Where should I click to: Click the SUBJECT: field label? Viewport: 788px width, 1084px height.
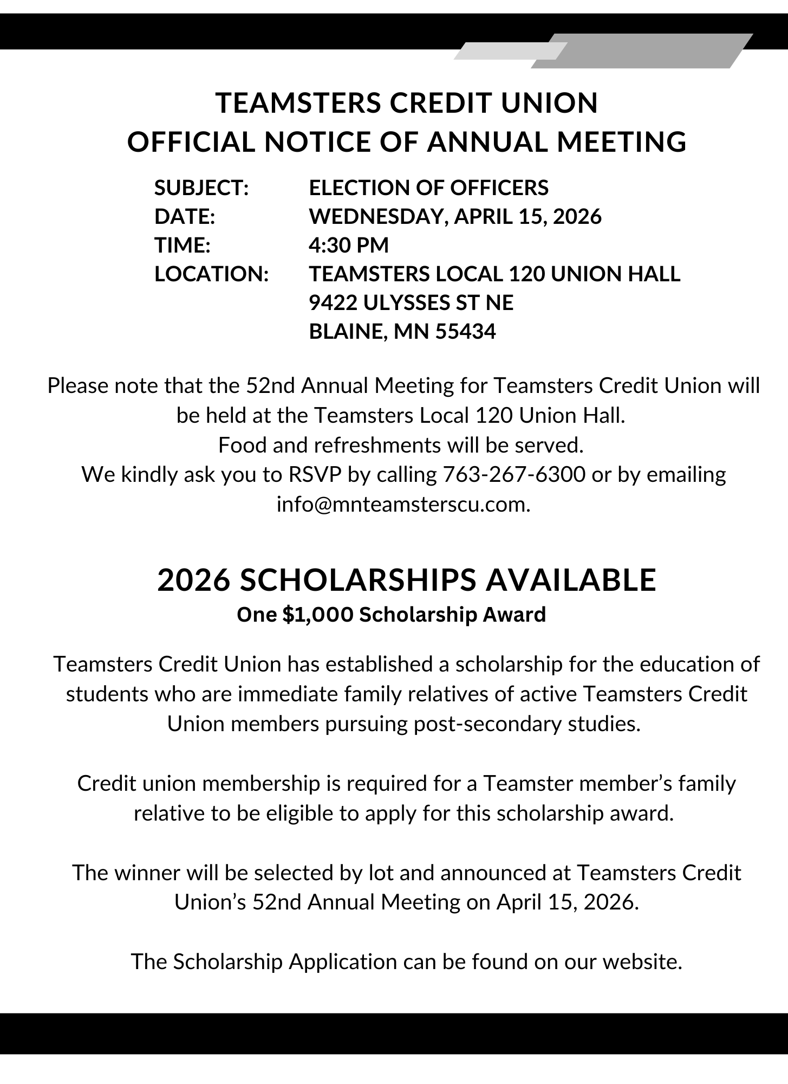[x=201, y=188]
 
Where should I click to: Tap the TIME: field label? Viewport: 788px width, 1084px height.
[x=183, y=246]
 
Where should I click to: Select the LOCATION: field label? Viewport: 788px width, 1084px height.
[x=212, y=274]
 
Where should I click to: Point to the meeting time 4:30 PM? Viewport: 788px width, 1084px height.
[x=349, y=246]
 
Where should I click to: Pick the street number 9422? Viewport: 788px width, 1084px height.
[x=333, y=302]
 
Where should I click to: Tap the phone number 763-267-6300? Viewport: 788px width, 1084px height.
[x=514, y=475]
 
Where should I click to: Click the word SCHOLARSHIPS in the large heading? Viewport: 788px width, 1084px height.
[x=358, y=580]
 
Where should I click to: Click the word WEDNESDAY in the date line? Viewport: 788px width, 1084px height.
[x=377, y=217]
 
